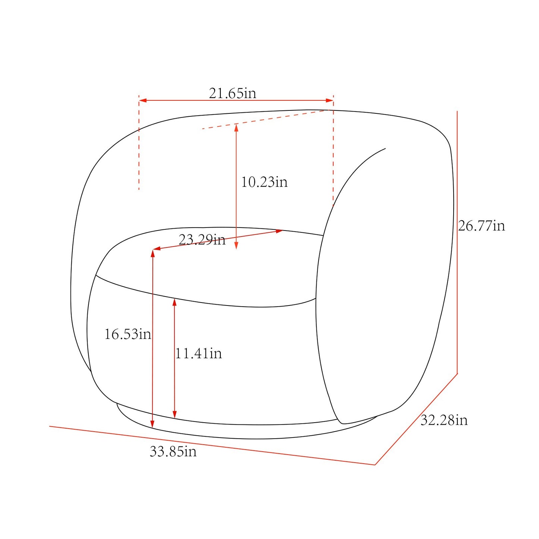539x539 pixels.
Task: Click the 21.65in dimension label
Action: coord(232,93)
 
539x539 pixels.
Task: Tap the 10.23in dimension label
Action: coord(264,182)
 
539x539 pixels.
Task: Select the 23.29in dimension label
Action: coord(202,240)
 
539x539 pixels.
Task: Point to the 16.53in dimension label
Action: coord(128,334)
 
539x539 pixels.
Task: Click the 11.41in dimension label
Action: coord(198,354)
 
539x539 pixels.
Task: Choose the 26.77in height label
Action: coord(482,226)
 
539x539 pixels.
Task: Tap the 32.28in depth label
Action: coord(444,420)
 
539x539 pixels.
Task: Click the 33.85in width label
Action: coord(173,451)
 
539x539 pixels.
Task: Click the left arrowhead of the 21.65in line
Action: coord(143,100)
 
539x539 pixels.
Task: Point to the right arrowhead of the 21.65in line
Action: coord(329,100)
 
